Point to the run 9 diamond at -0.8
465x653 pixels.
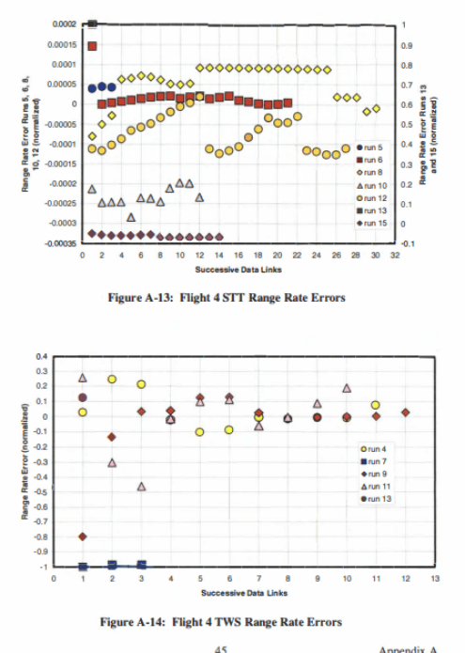pyautogui.click(x=84, y=536)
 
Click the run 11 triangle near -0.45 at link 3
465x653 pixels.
pyautogui.click(x=141, y=486)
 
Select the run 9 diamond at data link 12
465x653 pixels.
pyautogui.click(x=405, y=412)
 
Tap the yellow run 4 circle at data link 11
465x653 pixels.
pyautogui.click(x=376, y=405)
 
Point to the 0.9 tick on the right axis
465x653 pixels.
pyautogui.click(x=405, y=44)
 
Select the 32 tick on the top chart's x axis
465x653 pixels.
pyautogui.click(x=395, y=255)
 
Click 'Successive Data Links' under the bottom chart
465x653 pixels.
pyautogui.click(x=243, y=593)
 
